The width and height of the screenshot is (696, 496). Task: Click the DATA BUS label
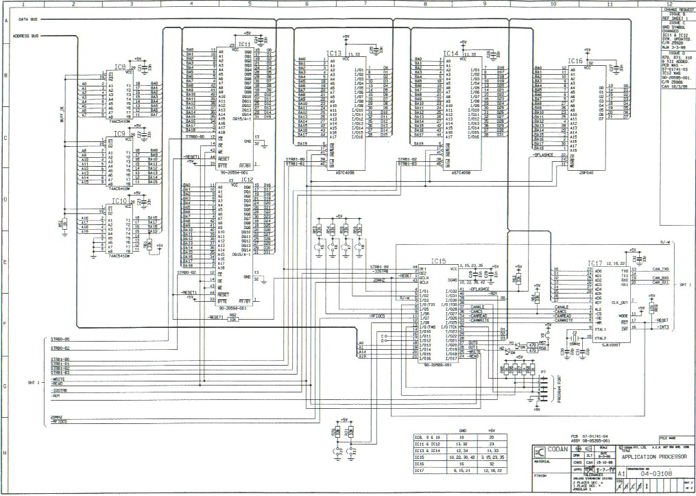(28, 21)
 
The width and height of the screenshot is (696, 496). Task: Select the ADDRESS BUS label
(26, 36)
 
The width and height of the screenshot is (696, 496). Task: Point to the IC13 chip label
(334, 53)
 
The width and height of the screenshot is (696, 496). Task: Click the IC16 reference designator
(575, 61)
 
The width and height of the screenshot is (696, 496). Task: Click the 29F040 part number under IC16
(587, 173)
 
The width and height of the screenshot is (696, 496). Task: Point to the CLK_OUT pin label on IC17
(619, 301)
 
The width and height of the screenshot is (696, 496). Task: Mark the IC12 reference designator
(246, 179)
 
